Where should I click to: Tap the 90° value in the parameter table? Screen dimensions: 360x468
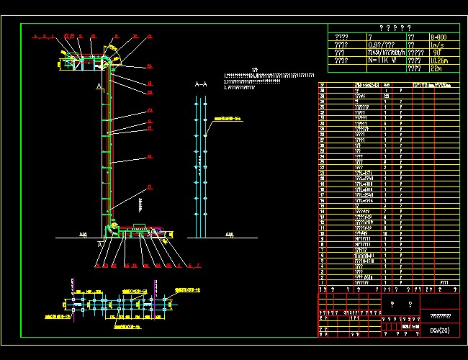[435, 53]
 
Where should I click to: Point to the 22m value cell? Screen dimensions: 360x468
[435, 69]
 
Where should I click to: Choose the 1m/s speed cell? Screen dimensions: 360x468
[436, 45]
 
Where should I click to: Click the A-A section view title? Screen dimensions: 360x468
[201, 84]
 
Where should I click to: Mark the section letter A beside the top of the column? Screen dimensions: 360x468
[98, 86]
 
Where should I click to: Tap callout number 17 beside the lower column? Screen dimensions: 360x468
[149, 187]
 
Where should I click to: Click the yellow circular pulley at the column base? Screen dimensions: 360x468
[109, 229]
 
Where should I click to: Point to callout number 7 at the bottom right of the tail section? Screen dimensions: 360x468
[198, 265]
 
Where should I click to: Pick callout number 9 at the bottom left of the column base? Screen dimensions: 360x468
[96, 265]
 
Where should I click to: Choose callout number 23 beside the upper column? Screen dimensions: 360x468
[149, 110]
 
